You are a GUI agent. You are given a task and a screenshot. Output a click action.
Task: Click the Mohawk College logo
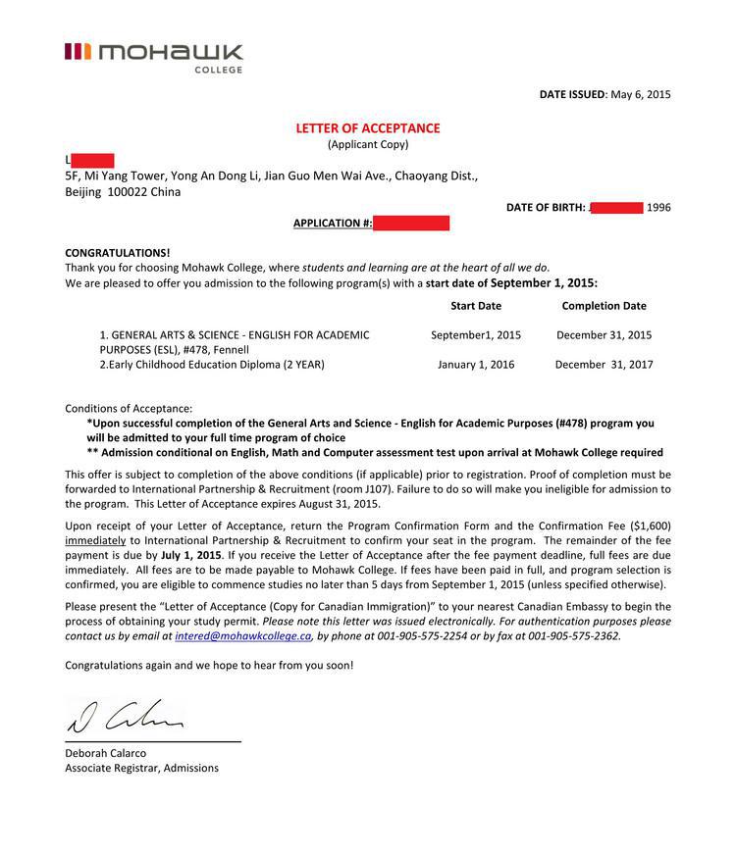[153, 55]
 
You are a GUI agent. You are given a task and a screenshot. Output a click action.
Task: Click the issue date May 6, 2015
[640, 94]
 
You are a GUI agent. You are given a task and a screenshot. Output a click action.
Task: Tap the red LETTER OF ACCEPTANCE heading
[368, 128]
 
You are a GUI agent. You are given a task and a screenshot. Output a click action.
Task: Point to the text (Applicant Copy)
[368, 145]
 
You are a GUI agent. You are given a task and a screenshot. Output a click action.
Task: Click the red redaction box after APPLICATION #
[411, 224]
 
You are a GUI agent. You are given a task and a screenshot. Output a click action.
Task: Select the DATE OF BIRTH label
[546, 208]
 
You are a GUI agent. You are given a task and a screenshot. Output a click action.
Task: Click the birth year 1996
[658, 208]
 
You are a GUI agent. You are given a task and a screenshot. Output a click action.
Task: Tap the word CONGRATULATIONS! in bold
[118, 252]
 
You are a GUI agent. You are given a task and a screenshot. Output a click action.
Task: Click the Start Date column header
[476, 306]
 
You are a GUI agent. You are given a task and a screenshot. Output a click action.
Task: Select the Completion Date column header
[604, 306]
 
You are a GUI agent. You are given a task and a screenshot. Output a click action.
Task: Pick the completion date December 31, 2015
[604, 335]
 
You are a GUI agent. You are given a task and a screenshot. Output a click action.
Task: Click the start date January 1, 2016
[476, 365]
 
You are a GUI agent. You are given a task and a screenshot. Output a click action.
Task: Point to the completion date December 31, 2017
[604, 365]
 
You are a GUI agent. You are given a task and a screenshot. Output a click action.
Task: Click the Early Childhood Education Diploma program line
[212, 365]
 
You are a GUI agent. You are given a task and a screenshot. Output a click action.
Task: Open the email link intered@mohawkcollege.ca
[243, 636]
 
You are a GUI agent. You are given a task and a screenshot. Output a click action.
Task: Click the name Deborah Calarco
[105, 753]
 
